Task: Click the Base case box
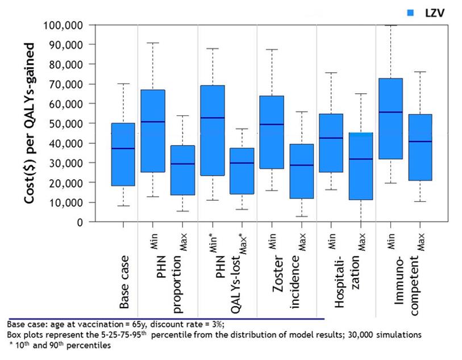click(123, 154)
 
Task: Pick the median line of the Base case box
click(123, 148)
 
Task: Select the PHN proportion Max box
click(182, 170)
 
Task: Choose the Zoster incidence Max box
click(301, 171)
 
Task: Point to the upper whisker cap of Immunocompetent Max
click(420, 72)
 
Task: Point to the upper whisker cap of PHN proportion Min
click(153, 43)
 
